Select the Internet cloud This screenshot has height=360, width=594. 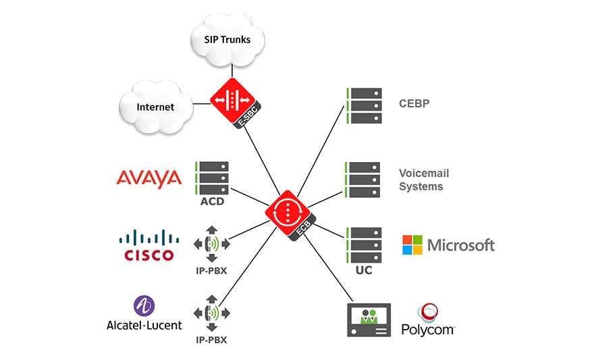(155, 106)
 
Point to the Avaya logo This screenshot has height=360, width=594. (149, 178)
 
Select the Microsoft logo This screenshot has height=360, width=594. (448, 245)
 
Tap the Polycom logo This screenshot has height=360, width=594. (428, 320)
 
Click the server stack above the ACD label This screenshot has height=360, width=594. (212, 178)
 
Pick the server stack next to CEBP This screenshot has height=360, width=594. (363, 106)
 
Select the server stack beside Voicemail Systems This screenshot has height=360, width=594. (363, 179)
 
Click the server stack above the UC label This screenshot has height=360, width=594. (363, 245)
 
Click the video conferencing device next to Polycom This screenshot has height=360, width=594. (369, 319)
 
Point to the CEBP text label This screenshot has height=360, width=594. (414, 105)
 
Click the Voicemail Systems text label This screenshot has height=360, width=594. (421, 179)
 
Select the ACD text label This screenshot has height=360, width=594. (212, 201)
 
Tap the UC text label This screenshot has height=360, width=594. (363, 270)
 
